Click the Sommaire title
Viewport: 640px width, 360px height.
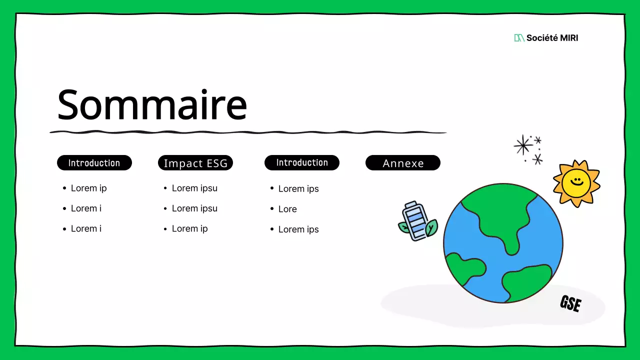(x=152, y=105)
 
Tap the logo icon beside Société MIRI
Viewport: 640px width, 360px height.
(x=519, y=38)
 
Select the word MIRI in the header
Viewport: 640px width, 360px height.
(x=567, y=38)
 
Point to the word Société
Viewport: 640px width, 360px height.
(x=542, y=38)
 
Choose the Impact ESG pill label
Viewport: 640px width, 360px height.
(x=195, y=163)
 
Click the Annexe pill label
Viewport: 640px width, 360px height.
(x=403, y=163)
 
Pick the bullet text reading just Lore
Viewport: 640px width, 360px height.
(x=287, y=209)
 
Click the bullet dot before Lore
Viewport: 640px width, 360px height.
(x=272, y=209)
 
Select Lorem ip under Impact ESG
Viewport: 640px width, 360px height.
(x=189, y=228)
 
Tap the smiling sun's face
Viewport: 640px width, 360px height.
(x=576, y=182)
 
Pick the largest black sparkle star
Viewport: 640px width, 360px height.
(x=523, y=145)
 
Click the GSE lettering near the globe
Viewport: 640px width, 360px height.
(x=570, y=303)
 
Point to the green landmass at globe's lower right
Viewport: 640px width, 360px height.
(x=527, y=282)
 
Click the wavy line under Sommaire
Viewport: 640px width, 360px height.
(x=247, y=132)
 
